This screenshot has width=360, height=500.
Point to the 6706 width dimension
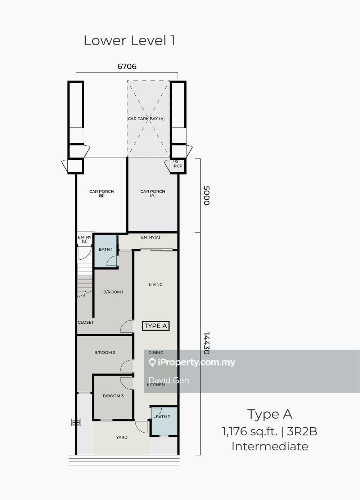127,66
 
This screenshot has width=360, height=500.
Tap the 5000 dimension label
206,195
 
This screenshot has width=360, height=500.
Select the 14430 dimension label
206,343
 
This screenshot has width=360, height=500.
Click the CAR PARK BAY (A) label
146,119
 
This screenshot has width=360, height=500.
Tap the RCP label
178,166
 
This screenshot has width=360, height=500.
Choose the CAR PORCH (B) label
102,193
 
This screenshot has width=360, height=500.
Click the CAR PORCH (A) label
153,193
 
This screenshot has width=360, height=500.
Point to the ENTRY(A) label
150,237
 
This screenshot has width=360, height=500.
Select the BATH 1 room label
105,249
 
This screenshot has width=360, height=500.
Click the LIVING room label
156,285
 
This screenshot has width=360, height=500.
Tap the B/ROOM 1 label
113,292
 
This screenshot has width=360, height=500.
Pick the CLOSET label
86,322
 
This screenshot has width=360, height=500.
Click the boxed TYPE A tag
156,326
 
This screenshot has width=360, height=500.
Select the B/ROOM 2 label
105,353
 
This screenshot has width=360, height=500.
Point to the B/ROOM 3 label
113,396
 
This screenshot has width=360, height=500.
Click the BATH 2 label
163,417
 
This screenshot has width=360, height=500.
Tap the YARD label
122,437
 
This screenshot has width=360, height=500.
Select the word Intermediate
270,446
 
